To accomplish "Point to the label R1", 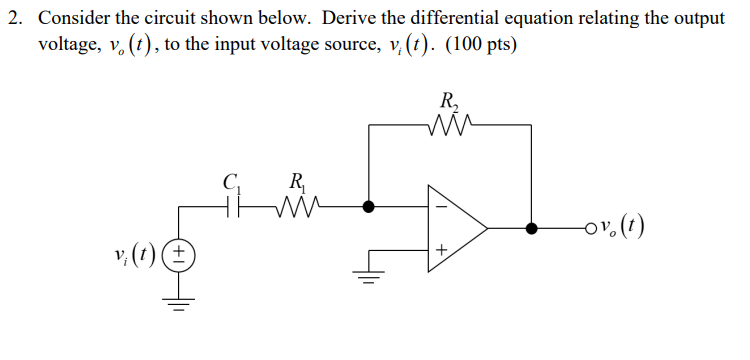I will click(297, 183).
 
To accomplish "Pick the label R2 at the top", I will click(447, 101).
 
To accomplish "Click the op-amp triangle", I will click(455, 229).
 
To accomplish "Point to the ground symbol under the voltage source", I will click(180, 302).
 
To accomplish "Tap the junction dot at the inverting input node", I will click(371, 207).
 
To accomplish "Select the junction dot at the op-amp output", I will click(532, 229).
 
